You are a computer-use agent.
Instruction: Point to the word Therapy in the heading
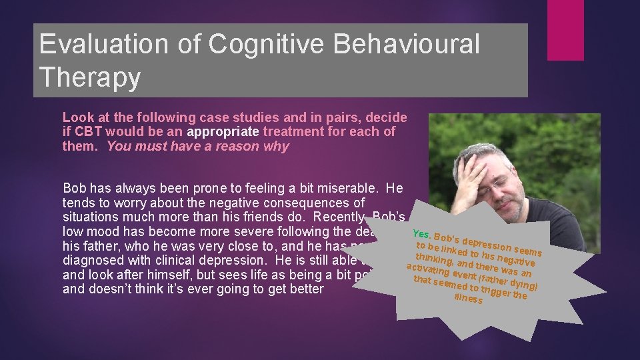[x=90, y=77]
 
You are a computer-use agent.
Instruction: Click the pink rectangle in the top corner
[x=565, y=30]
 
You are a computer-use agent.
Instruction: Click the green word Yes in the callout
[x=421, y=234]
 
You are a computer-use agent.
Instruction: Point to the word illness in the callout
[x=468, y=299]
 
